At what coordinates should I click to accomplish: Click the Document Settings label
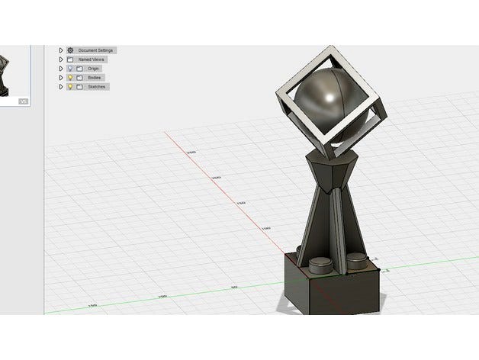tap(95, 50)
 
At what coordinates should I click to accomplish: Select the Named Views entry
tap(92, 59)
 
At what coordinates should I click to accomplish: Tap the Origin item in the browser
tap(94, 69)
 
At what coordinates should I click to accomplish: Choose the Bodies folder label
tap(94, 78)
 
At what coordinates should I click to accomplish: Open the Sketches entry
tap(96, 87)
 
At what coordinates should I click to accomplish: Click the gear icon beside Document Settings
tap(70, 50)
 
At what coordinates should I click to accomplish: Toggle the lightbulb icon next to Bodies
tap(70, 78)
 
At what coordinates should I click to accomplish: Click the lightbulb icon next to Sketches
tap(70, 87)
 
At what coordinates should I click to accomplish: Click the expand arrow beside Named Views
tap(61, 59)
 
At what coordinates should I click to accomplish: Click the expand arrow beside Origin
tap(61, 69)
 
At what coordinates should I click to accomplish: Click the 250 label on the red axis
tap(191, 153)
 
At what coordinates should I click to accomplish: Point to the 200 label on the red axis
tap(216, 178)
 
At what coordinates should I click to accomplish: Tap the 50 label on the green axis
tap(234, 288)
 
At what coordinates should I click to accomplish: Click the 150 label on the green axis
tap(92, 306)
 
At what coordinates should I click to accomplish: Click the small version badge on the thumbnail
tap(22, 101)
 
